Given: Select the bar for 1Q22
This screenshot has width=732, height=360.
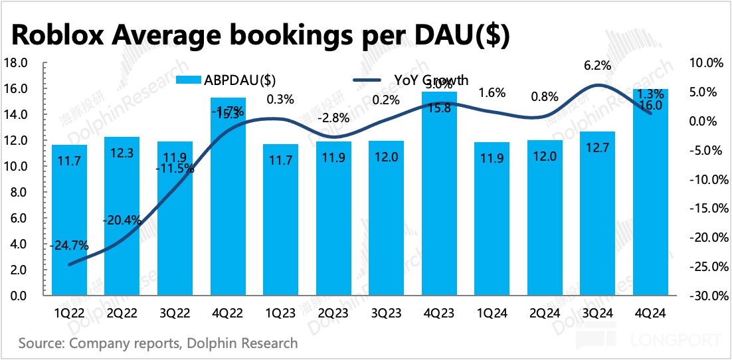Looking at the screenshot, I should click(x=69, y=220).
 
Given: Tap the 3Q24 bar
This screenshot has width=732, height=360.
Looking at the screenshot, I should click(x=598, y=213).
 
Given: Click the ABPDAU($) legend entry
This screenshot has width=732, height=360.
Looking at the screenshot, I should click(x=226, y=80).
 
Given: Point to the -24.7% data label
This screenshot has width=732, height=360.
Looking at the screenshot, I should click(x=69, y=246).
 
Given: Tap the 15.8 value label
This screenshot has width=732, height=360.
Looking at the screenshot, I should click(x=439, y=108).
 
